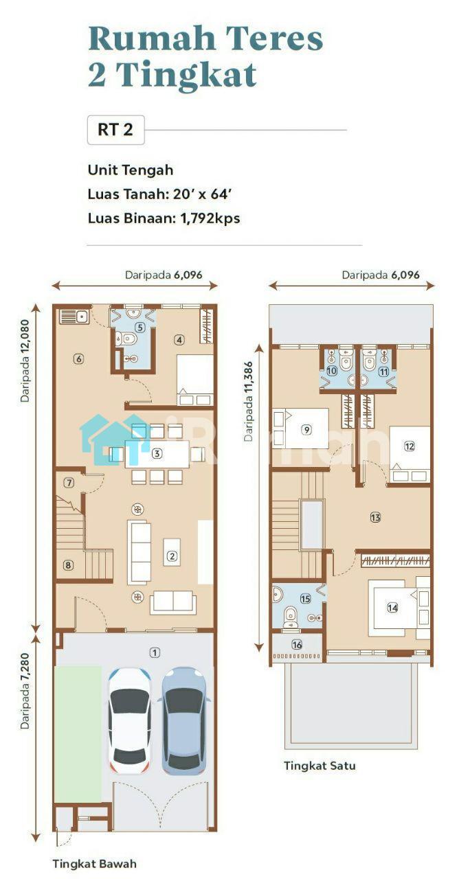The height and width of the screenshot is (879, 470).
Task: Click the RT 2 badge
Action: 116,130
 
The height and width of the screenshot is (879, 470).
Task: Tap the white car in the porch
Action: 130,720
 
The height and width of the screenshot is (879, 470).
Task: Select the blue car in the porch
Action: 184,720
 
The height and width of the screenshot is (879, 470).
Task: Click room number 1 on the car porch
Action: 155,652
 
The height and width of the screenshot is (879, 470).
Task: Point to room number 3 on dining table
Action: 157,454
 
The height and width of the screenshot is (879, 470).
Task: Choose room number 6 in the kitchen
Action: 79,358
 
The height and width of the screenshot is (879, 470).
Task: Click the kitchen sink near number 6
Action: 74,317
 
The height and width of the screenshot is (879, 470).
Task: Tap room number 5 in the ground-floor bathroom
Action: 139,327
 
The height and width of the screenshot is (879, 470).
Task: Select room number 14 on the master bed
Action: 392,608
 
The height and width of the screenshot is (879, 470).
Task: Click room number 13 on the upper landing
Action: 375,517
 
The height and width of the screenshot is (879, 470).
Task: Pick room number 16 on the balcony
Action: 297,644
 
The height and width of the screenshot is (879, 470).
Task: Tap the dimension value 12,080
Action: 25,344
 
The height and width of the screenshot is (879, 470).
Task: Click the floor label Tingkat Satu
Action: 320,765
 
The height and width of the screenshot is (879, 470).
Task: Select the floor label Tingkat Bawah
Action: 95,863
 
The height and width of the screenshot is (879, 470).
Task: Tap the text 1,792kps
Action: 210,218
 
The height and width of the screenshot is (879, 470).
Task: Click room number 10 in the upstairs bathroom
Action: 332,370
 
